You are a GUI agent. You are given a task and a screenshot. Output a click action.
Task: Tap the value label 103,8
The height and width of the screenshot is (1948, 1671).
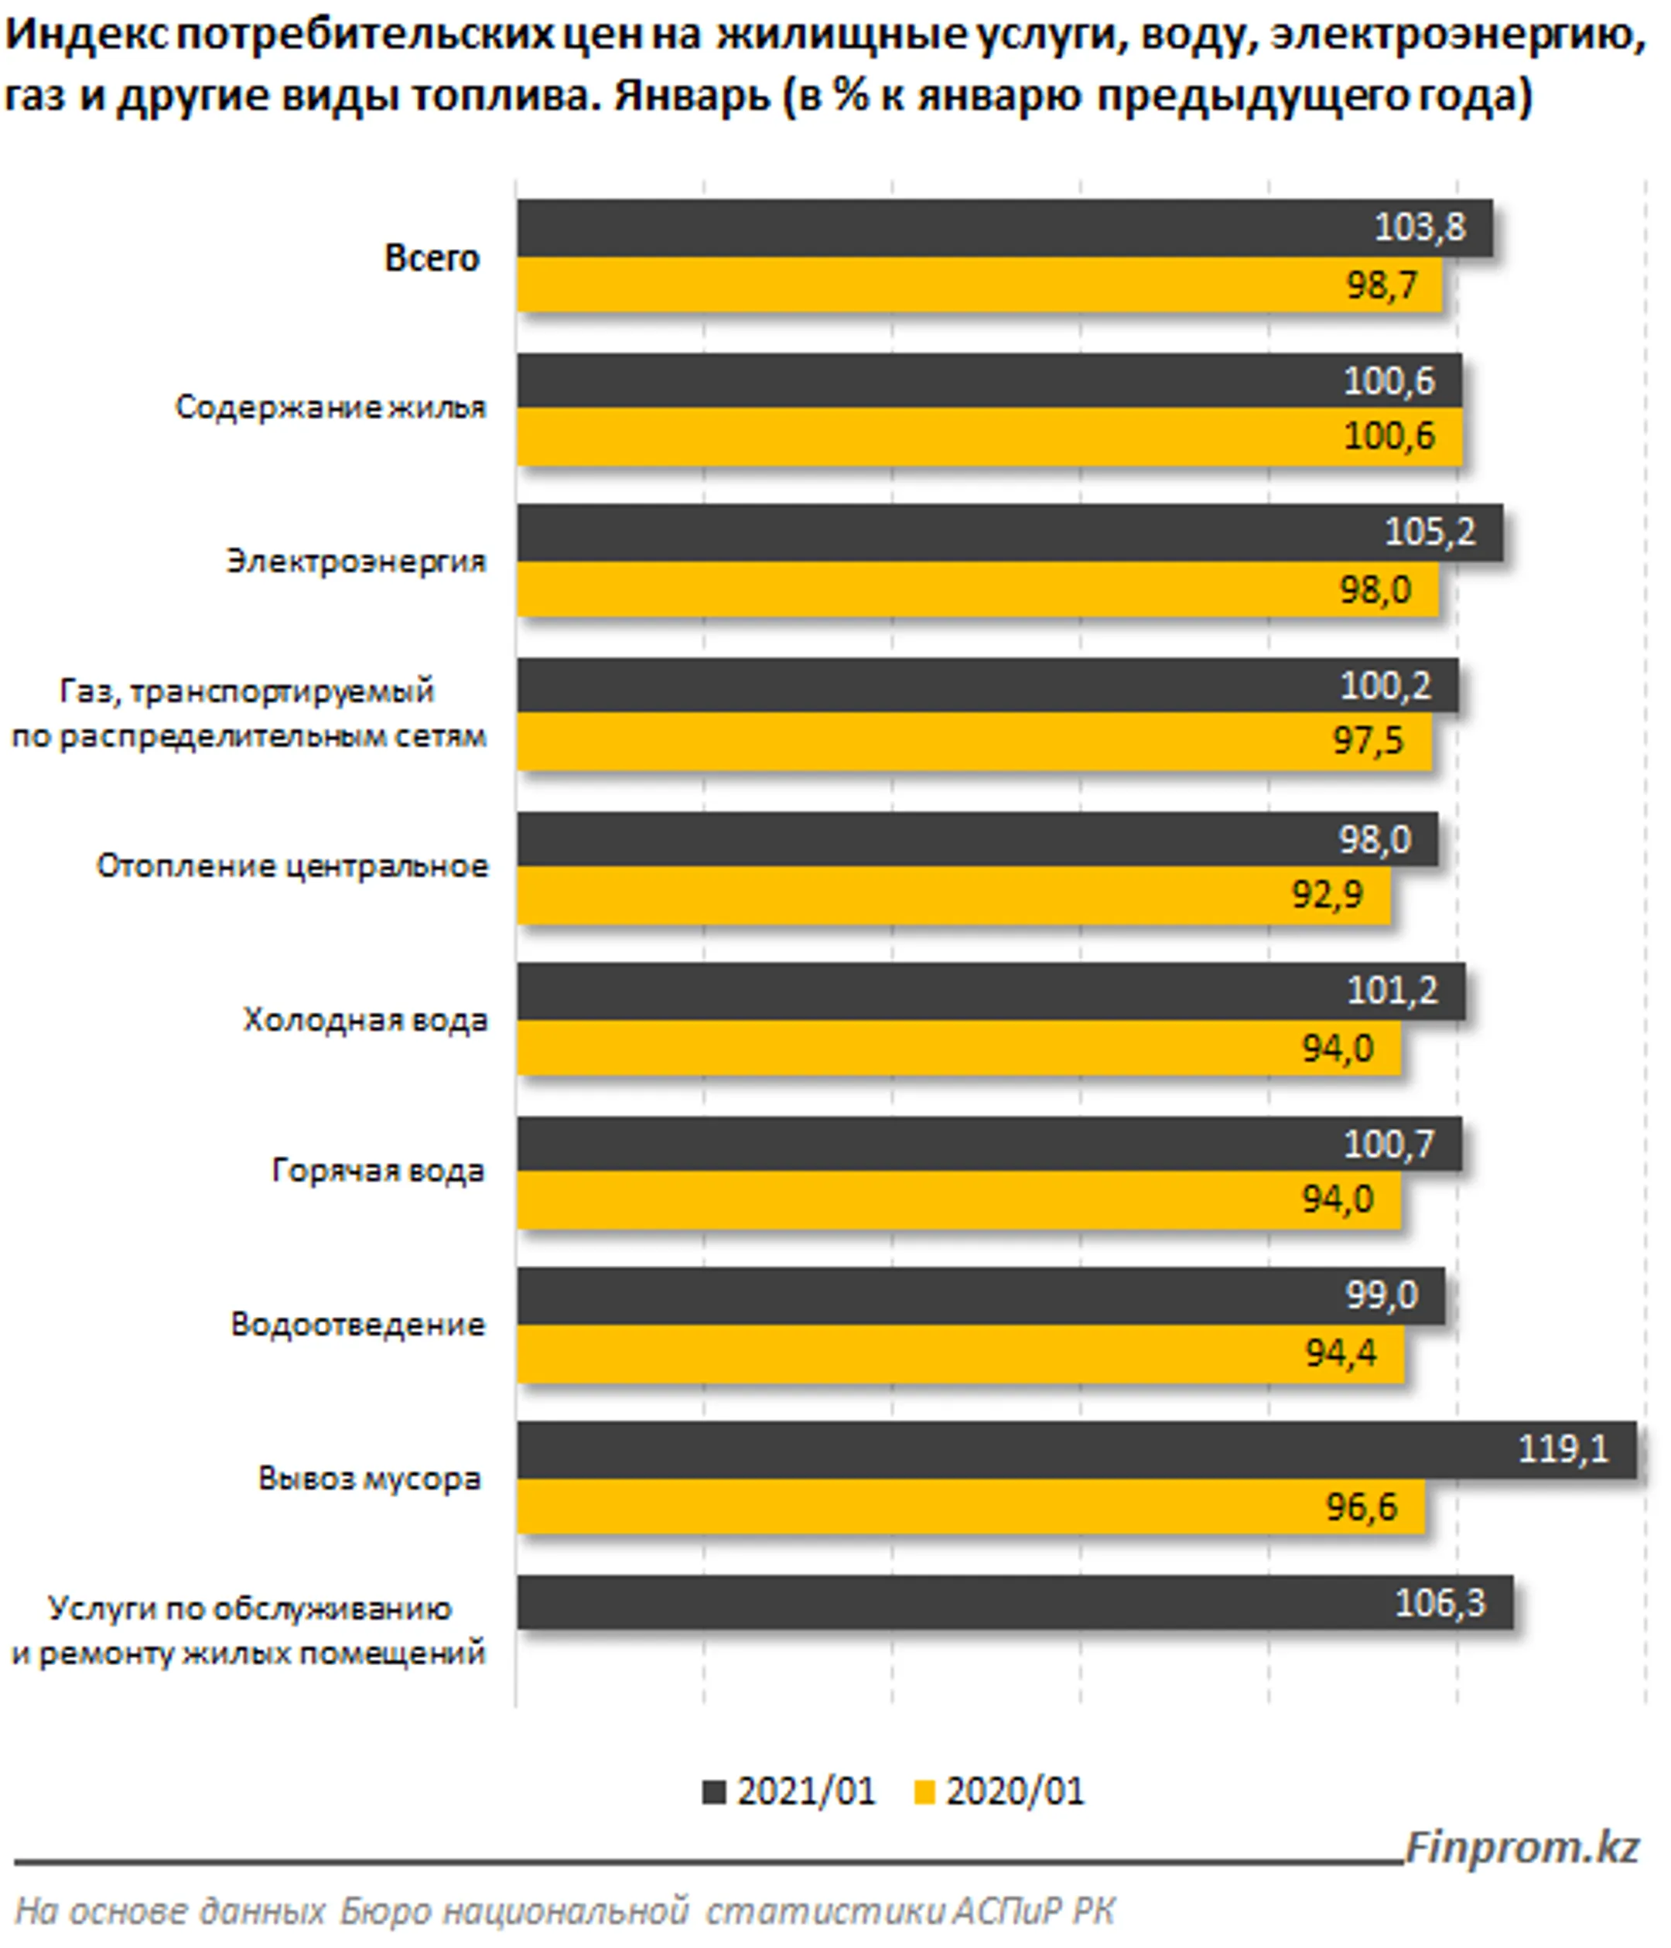pyautogui.click(x=1419, y=227)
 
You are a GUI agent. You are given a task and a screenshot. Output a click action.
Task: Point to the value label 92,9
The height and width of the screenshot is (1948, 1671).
pyautogui.click(x=1326, y=894)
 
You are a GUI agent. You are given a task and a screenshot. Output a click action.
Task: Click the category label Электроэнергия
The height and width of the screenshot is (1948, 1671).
pyautogui.click(x=355, y=561)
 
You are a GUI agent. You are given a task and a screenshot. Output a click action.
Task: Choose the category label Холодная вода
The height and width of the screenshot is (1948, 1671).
pyautogui.click(x=365, y=1019)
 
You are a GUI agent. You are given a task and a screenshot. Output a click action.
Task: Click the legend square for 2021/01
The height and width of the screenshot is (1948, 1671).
pyautogui.click(x=715, y=1792)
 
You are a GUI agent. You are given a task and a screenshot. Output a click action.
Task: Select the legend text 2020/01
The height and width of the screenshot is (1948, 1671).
pyautogui.click(x=1015, y=1792)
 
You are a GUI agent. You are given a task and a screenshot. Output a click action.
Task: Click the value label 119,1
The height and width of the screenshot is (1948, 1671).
pyautogui.click(x=1563, y=1448)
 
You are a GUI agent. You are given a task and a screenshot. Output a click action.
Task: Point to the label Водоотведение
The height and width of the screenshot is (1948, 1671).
pyautogui.click(x=357, y=1325)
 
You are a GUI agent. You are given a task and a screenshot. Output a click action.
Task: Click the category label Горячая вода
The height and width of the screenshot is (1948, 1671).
pyautogui.click(x=378, y=1171)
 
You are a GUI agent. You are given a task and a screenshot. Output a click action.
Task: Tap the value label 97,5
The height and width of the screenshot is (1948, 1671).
pyautogui.click(x=1367, y=741)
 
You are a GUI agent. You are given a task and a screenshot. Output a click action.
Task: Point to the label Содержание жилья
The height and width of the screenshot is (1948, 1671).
pyautogui.click(x=330, y=407)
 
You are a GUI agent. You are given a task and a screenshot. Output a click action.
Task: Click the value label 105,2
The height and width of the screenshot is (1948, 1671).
pyautogui.click(x=1430, y=532)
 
